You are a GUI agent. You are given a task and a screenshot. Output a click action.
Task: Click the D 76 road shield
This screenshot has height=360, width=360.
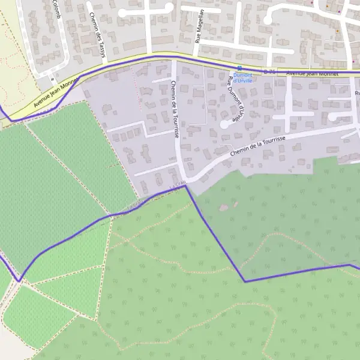point(270,72)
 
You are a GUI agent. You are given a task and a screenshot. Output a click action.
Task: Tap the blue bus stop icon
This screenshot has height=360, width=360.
point(239,68)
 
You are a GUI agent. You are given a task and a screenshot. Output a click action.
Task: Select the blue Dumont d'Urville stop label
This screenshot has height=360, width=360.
point(242,77)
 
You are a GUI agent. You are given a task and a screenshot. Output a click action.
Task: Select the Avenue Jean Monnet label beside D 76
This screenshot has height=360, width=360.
point(312,73)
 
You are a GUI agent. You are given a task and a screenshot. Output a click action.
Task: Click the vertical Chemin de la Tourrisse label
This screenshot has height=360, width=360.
point(175,109)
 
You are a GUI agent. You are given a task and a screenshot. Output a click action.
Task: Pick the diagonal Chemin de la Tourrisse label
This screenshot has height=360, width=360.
point(264,147)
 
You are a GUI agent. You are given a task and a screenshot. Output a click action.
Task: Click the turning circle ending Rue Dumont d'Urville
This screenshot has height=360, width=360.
point(224,124)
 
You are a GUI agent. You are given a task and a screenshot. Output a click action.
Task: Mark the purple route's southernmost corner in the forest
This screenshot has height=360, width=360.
point(245,281)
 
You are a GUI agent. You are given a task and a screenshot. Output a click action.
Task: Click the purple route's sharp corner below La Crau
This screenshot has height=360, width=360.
point(185,186)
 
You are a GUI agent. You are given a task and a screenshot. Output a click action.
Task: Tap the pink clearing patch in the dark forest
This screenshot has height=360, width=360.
point(224,208)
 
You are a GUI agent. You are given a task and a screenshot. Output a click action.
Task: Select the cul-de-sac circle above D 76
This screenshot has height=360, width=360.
point(267,20)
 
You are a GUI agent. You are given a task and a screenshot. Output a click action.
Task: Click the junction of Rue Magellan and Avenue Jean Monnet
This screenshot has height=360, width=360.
point(196,56)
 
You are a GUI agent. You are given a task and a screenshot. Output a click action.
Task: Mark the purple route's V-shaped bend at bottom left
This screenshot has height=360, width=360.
point(19,280)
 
